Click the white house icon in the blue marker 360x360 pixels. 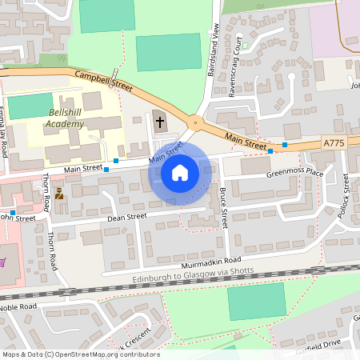click(x=180, y=172)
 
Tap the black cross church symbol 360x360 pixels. click(x=159, y=122)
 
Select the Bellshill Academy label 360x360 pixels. click(x=65, y=118)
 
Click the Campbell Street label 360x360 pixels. click(x=102, y=78)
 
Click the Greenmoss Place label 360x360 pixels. click(x=294, y=172)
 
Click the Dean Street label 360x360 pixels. click(x=126, y=216)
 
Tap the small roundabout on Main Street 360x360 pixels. click(x=194, y=122)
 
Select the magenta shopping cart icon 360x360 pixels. click(x=2, y=262)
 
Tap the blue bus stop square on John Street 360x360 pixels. click(x=14, y=212)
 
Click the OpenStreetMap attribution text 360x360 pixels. click(x=80, y=354)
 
